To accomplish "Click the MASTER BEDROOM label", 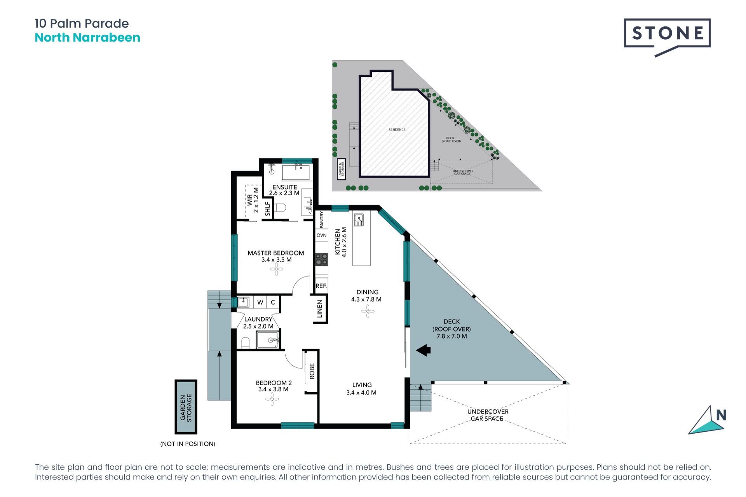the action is click(276, 253).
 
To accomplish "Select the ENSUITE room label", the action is click(284, 187).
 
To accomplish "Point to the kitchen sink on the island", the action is click(359, 220).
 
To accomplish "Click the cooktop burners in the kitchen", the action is click(321, 259).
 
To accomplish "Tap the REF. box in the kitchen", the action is click(321, 286).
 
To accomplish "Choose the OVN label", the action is click(322, 235).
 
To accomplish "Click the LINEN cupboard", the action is click(320, 309).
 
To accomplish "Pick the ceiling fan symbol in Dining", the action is click(368, 311).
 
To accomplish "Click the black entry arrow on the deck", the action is click(424, 350).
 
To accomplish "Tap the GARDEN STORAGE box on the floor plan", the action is click(186, 407).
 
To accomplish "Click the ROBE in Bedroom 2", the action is click(312, 372).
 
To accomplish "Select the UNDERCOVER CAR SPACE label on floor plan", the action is click(488, 415).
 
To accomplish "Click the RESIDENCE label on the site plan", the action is click(397, 130).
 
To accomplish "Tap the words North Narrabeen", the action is click(87, 38).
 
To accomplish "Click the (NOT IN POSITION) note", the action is click(188, 444).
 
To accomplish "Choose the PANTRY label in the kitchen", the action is click(322, 220).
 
